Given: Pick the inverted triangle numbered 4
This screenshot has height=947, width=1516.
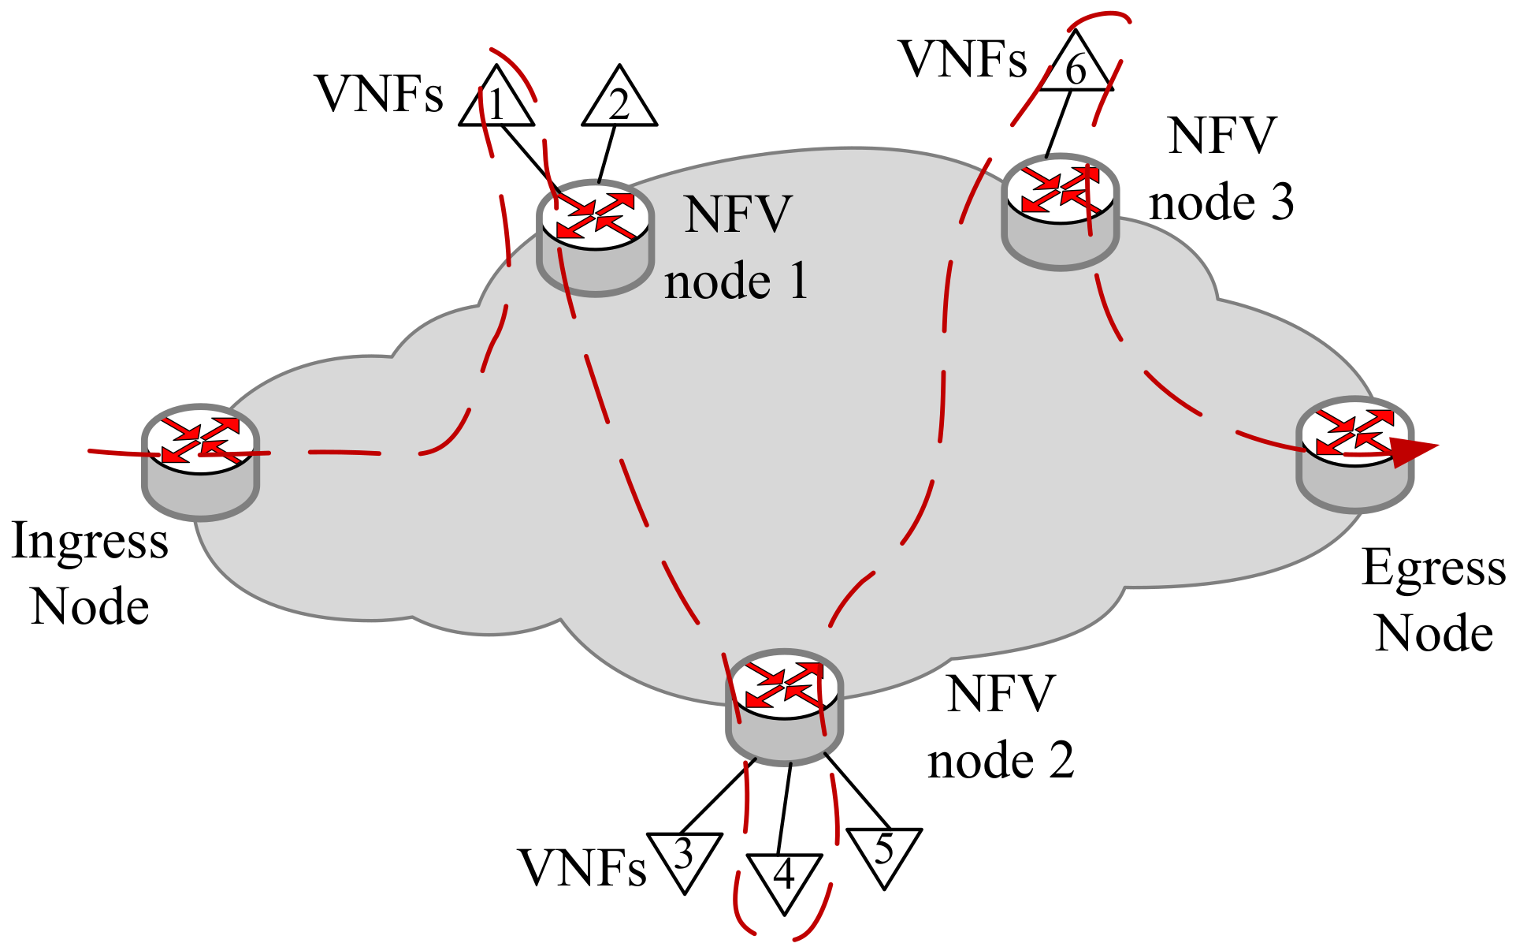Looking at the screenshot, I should [784, 877].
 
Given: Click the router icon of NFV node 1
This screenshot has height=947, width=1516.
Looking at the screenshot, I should [596, 237].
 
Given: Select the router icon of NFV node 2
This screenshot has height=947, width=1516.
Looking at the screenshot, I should [784, 706].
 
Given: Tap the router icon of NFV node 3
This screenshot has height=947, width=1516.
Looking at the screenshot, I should [1061, 211].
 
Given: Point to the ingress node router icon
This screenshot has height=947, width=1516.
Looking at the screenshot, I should [201, 461].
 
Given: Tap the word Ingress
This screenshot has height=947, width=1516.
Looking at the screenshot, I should [90, 542].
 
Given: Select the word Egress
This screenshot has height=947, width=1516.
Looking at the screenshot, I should [1433, 568].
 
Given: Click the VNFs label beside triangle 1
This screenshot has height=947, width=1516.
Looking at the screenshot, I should [379, 94].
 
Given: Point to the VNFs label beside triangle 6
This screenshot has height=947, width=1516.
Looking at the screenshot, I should [963, 59].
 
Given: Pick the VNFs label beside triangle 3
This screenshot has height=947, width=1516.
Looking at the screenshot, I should [582, 868].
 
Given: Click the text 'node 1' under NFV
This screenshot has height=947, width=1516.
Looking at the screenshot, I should [737, 281].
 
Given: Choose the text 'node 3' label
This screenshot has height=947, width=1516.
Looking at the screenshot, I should [1221, 203].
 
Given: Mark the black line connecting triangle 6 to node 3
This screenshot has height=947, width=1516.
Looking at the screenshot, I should [1057, 125].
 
